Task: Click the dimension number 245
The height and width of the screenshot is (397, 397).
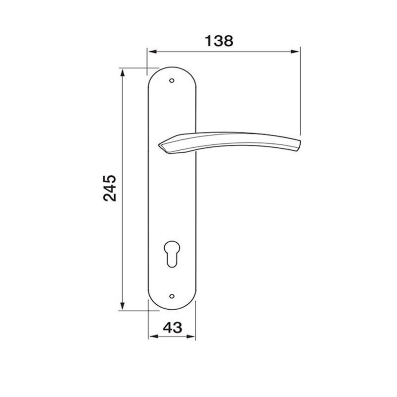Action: (x=111, y=188)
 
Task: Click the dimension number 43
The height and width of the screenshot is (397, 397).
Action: (x=172, y=327)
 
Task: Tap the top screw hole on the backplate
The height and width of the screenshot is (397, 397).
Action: (x=172, y=79)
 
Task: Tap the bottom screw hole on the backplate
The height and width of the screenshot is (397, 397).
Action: (x=172, y=296)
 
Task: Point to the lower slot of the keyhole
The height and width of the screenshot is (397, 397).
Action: (x=172, y=259)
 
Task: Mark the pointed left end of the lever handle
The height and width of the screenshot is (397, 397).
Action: (x=160, y=146)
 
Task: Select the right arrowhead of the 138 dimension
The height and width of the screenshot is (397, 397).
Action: (x=296, y=51)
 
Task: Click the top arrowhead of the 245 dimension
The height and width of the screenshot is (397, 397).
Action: (x=122, y=71)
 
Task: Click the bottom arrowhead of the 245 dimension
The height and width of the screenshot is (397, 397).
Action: (x=122, y=306)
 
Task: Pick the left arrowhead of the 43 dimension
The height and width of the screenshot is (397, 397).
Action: (x=152, y=336)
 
